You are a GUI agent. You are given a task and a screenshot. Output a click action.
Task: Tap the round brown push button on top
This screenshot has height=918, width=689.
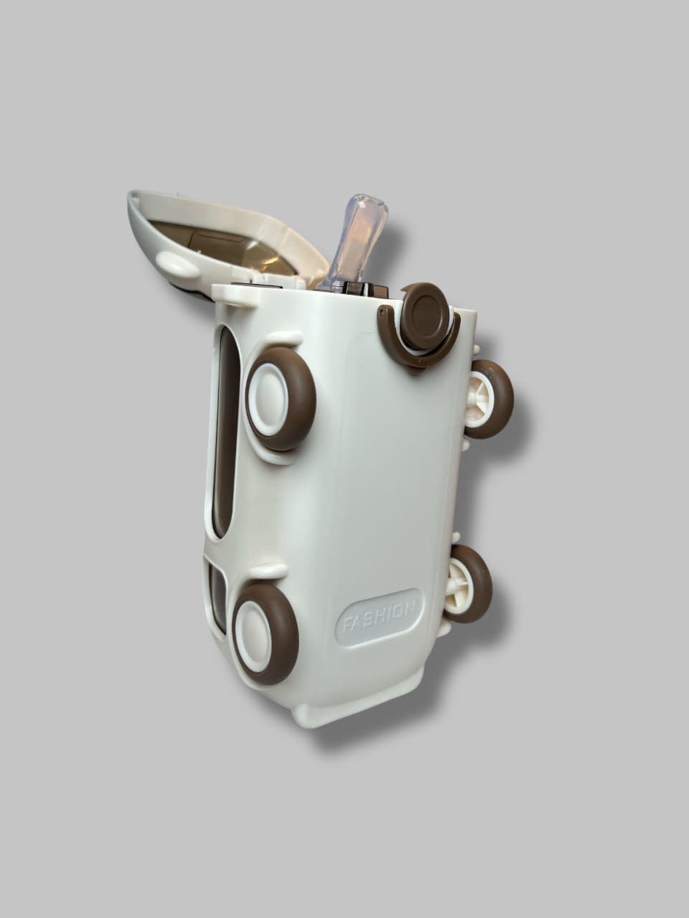click(x=425, y=316)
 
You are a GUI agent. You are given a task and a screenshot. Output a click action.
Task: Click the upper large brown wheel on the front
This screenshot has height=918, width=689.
click(x=281, y=399)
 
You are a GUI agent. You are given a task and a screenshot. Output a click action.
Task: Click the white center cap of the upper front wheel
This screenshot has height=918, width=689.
click(x=268, y=399)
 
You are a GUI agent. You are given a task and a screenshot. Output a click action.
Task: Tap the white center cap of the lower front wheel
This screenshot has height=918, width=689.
click(x=253, y=634)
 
